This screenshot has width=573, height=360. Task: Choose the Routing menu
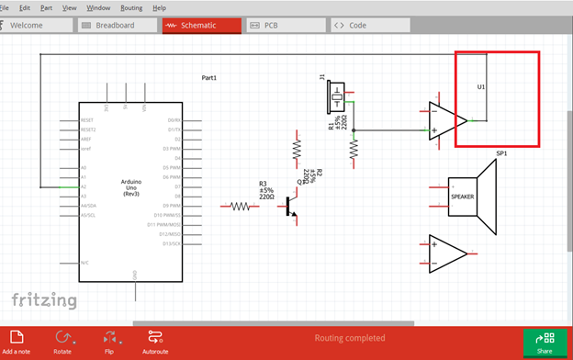[x=131, y=7]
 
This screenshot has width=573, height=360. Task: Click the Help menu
[x=160, y=7]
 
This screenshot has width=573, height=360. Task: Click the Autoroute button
[x=155, y=343]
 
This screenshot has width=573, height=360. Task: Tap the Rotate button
[x=62, y=343]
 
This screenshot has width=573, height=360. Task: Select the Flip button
[x=109, y=343]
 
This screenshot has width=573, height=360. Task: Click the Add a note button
[x=17, y=343]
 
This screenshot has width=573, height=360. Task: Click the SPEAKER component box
[x=462, y=197]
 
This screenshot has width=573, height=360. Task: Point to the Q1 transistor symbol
[x=291, y=208]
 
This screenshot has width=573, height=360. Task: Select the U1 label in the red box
[x=481, y=87]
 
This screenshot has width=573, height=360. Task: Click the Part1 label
[x=209, y=78]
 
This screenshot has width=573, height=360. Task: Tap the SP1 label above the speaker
[x=501, y=153]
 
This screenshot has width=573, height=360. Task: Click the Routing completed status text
[x=350, y=338]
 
